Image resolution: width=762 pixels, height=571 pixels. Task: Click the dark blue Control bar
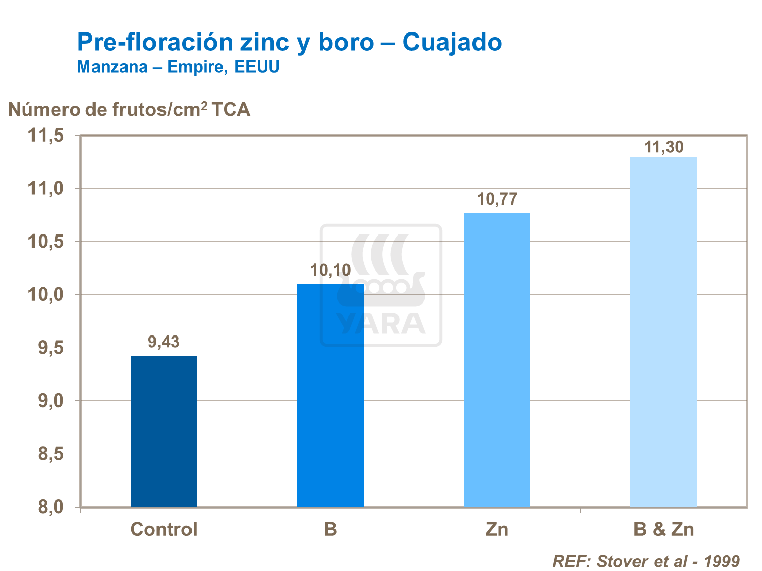point(164,431)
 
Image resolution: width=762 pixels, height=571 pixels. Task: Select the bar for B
point(330,396)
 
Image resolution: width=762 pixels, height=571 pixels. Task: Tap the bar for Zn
point(497,360)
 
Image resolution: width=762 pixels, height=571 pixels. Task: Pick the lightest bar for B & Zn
point(663,332)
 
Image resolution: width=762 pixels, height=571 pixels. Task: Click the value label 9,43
point(164,342)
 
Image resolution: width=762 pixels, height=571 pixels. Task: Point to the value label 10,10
point(330,270)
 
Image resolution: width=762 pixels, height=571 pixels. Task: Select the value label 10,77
point(497,199)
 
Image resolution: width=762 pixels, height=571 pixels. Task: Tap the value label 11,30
point(663,147)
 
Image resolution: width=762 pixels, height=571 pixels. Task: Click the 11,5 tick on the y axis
point(46,136)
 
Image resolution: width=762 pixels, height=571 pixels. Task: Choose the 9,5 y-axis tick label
point(51,348)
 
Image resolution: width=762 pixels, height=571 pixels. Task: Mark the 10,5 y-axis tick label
point(46,242)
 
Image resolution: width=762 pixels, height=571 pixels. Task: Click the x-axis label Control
point(164,529)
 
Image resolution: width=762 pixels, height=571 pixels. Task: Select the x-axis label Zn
point(497,529)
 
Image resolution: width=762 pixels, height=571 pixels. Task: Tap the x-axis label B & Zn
point(663,529)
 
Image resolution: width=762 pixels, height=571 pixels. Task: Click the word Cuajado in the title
point(452,42)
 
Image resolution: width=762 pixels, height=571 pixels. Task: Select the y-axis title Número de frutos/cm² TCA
point(129,109)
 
